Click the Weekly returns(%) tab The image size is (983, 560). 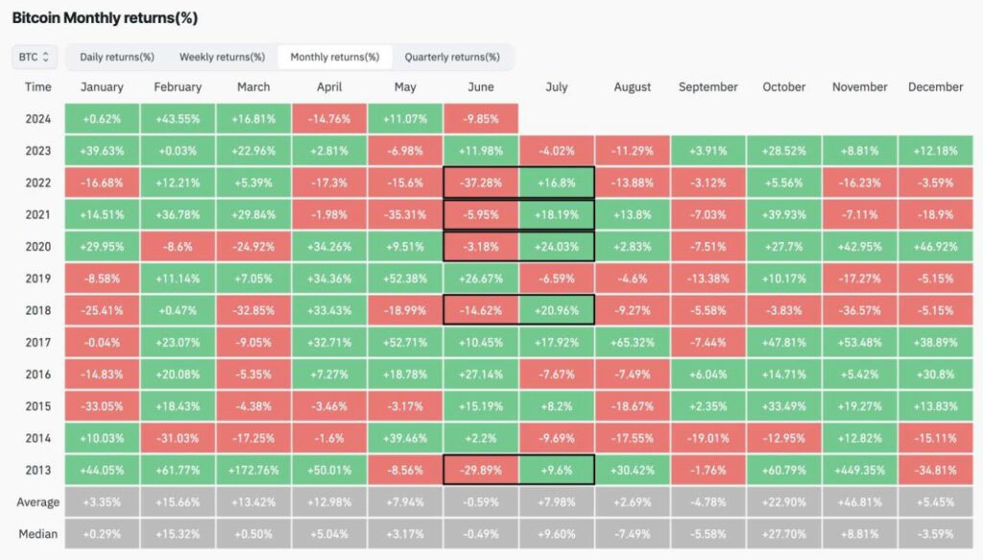pyautogui.click(x=222, y=57)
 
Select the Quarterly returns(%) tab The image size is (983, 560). pyautogui.click(x=452, y=57)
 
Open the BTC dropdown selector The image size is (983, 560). pyautogui.click(x=34, y=57)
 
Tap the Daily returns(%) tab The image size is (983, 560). pyautogui.click(x=116, y=57)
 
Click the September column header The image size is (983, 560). pyautogui.click(x=707, y=87)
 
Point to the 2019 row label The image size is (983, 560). pyautogui.click(x=37, y=279)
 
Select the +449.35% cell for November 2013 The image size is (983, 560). pyautogui.click(x=859, y=471)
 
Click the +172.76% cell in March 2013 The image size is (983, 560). pyautogui.click(x=253, y=471)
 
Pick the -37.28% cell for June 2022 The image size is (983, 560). pyautogui.click(x=481, y=183)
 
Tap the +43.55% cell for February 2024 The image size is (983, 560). pyautogui.click(x=178, y=119)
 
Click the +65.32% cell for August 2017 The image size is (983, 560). pyautogui.click(x=632, y=342)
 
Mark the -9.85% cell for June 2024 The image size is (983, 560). pyautogui.click(x=481, y=119)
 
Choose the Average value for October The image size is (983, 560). pyautogui.click(x=783, y=502)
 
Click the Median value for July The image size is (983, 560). pyautogui.click(x=556, y=534)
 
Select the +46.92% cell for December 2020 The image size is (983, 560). pyautogui.click(x=935, y=247)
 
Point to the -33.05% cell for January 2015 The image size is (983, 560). pyautogui.click(x=102, y=406)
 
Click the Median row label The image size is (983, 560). pyautogui.click(x=37, y=534)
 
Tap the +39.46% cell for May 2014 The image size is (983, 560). pyautogui.click(x=405, y=438)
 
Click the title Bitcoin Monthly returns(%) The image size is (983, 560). pyautogui.click(x=105, y=18)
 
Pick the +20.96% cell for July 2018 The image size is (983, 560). pyautogui.click(x=556, y=310)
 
